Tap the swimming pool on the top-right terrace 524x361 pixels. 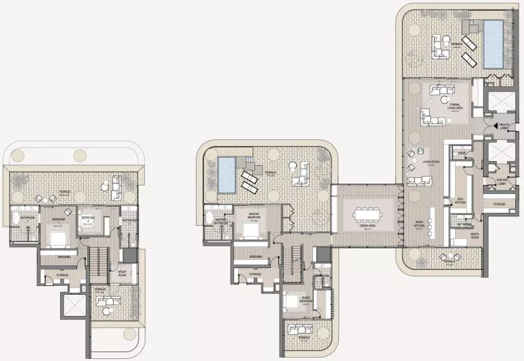(x=493, y=43)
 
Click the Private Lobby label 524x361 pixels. (x=506, y=126)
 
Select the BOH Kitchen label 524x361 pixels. (x=461, y=201)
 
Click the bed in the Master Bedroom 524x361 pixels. (x=250, y=230)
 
